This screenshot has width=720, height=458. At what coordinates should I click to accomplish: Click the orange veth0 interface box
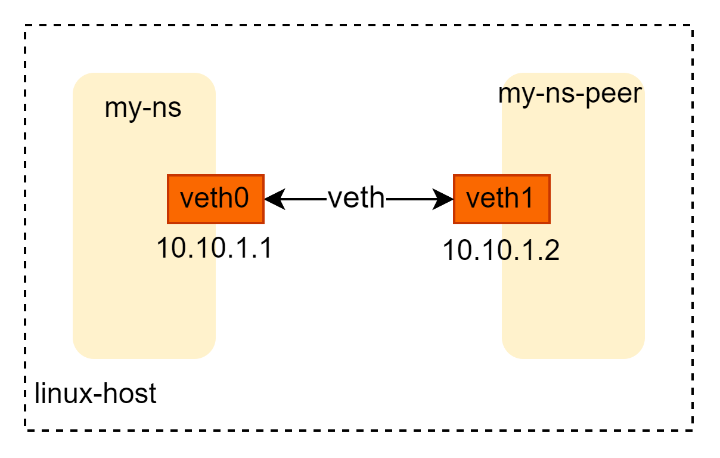(215, 199)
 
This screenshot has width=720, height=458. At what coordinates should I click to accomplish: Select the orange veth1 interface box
(501, 199)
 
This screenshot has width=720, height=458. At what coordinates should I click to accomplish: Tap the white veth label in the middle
(356, 197)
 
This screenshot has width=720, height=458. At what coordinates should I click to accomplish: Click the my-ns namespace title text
(143, 109)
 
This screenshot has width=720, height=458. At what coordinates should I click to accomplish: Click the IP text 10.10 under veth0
(188, 248)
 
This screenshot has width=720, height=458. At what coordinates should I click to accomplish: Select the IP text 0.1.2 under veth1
(529, 251)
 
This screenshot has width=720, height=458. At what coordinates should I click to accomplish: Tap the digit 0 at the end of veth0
(240, 198)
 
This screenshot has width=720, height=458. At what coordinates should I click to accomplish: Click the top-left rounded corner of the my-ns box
(79, 79)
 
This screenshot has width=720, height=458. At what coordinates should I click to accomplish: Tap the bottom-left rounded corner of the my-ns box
(79, 352)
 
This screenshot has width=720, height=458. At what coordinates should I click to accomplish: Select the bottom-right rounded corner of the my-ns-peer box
(638, 352)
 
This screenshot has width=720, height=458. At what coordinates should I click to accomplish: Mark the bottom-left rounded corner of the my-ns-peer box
(508, 352)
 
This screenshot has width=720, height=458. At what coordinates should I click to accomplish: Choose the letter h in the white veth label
(377, 197)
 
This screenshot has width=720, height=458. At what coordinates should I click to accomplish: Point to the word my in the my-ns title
(119, 110)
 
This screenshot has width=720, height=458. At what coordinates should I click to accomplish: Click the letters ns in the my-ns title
(167, 110)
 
